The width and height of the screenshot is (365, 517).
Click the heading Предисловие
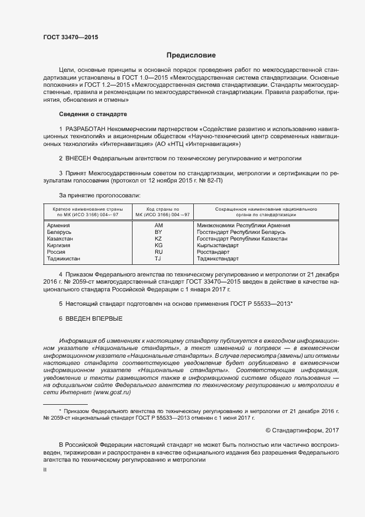(191, 55)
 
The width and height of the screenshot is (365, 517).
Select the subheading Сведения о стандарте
(93, 114)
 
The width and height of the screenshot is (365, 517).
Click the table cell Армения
(58, 226)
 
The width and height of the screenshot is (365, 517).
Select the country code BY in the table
(158, 232)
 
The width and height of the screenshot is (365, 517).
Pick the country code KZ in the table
(158, 239)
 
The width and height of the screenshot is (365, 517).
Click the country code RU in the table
(158, 252)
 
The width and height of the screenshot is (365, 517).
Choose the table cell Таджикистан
(64, 258)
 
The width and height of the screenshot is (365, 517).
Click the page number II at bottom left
(45, 469)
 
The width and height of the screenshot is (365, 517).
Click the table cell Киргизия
(59, 245)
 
